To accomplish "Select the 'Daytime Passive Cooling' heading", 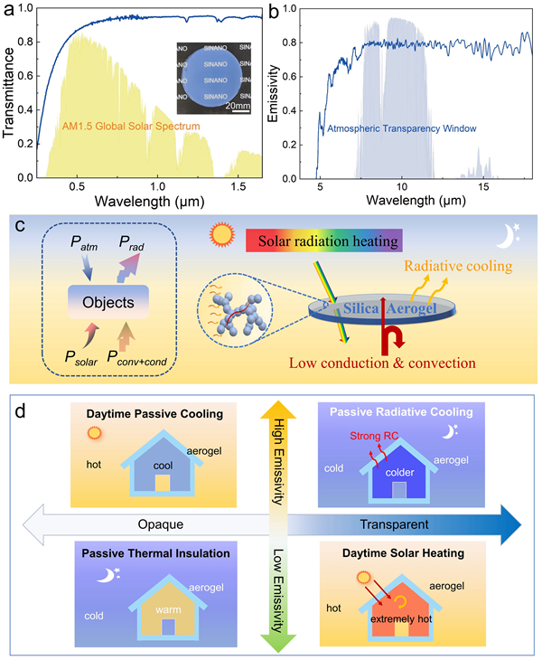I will pos(144,414).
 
